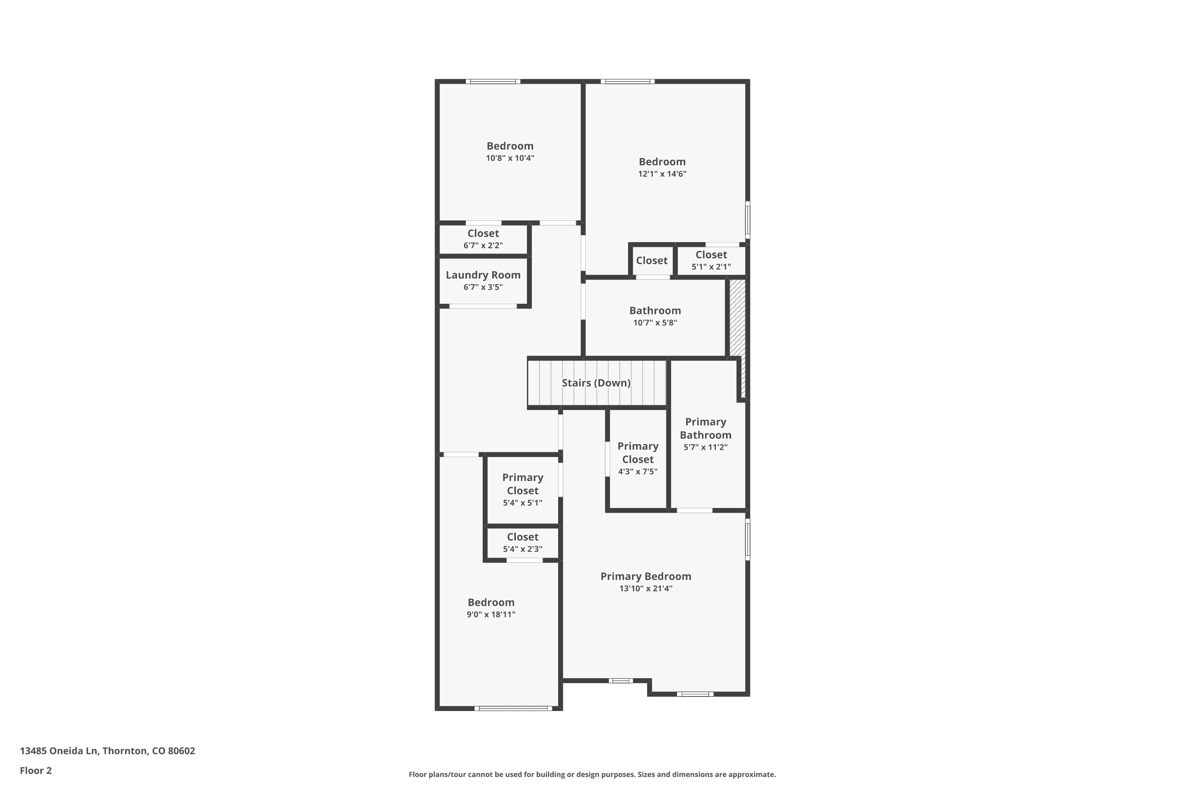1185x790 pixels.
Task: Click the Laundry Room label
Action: [483, 275]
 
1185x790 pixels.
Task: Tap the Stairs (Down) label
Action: [596, 383]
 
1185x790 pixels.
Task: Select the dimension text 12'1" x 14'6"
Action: [662, 174]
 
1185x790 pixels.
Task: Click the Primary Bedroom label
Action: [645, 576]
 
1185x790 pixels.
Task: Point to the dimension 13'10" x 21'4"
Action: [645, 589]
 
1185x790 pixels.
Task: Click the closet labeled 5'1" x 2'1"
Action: [711, 260]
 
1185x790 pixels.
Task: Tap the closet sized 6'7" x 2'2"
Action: [483, 239]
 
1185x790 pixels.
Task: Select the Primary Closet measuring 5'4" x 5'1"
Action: [523, 489]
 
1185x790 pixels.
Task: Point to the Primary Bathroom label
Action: [705, 428]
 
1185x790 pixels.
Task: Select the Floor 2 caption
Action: [36, 770]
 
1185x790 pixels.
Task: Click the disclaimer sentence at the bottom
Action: [592, 774]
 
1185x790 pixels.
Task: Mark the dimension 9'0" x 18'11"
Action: [491, 615]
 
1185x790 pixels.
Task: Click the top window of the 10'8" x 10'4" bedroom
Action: [493, 81]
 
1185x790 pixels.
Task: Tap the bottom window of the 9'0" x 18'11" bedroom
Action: [513, 708]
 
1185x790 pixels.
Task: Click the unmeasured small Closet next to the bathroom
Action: [651, 260]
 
